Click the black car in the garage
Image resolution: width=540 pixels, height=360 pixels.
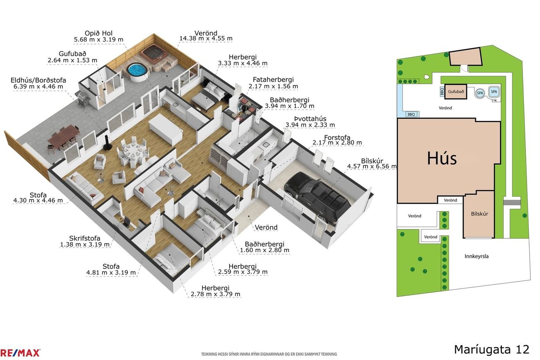point(317,197)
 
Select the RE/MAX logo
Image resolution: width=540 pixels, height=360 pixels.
point(20,353)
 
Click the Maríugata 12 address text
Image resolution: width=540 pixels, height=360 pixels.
point(491,350)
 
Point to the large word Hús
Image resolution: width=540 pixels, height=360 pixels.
point(442,158)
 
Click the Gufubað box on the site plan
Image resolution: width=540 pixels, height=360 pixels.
point(456,92)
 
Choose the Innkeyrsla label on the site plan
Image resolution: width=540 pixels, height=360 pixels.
point(476,256)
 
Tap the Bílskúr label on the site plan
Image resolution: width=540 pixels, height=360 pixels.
point(479,213)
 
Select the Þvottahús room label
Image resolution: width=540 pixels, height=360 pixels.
point(310,119)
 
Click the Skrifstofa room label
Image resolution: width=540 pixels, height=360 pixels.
point(85,238)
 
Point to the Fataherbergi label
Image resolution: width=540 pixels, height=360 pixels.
point(273,80)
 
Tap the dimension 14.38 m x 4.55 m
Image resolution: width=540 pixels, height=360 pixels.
point(206,39)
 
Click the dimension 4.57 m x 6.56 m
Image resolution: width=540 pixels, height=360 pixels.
point(372,166)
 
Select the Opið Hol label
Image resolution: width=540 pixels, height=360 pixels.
point(98,33)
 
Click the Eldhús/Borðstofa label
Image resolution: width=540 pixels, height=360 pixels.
point(38,80)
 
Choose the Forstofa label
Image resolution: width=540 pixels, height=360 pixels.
point(337,137)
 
